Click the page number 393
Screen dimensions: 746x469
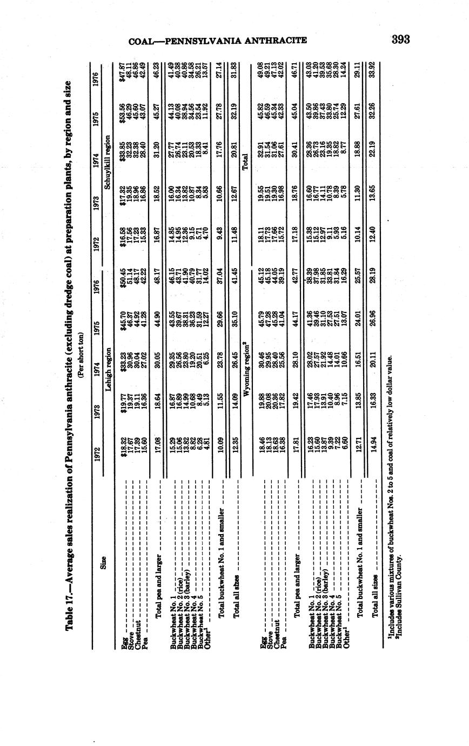tap(401, 39)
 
